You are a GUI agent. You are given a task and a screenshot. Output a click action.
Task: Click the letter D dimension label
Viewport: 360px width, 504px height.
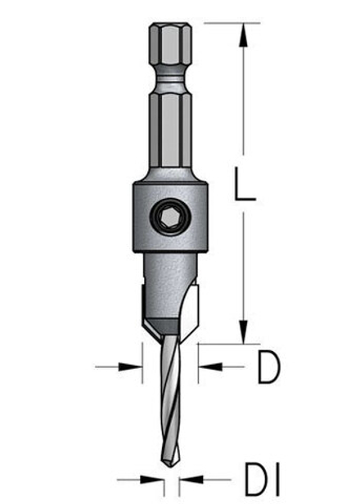(268, 368)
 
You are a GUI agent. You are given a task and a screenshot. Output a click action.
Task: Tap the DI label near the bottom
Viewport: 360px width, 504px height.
(261, 479)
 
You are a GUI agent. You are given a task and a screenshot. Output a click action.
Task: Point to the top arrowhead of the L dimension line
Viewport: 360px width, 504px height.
(243, 33)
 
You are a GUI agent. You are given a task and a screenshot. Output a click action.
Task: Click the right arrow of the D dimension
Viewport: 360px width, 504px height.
(205, 367)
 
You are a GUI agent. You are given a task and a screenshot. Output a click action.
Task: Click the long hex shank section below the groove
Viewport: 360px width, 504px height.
(169, 131)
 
